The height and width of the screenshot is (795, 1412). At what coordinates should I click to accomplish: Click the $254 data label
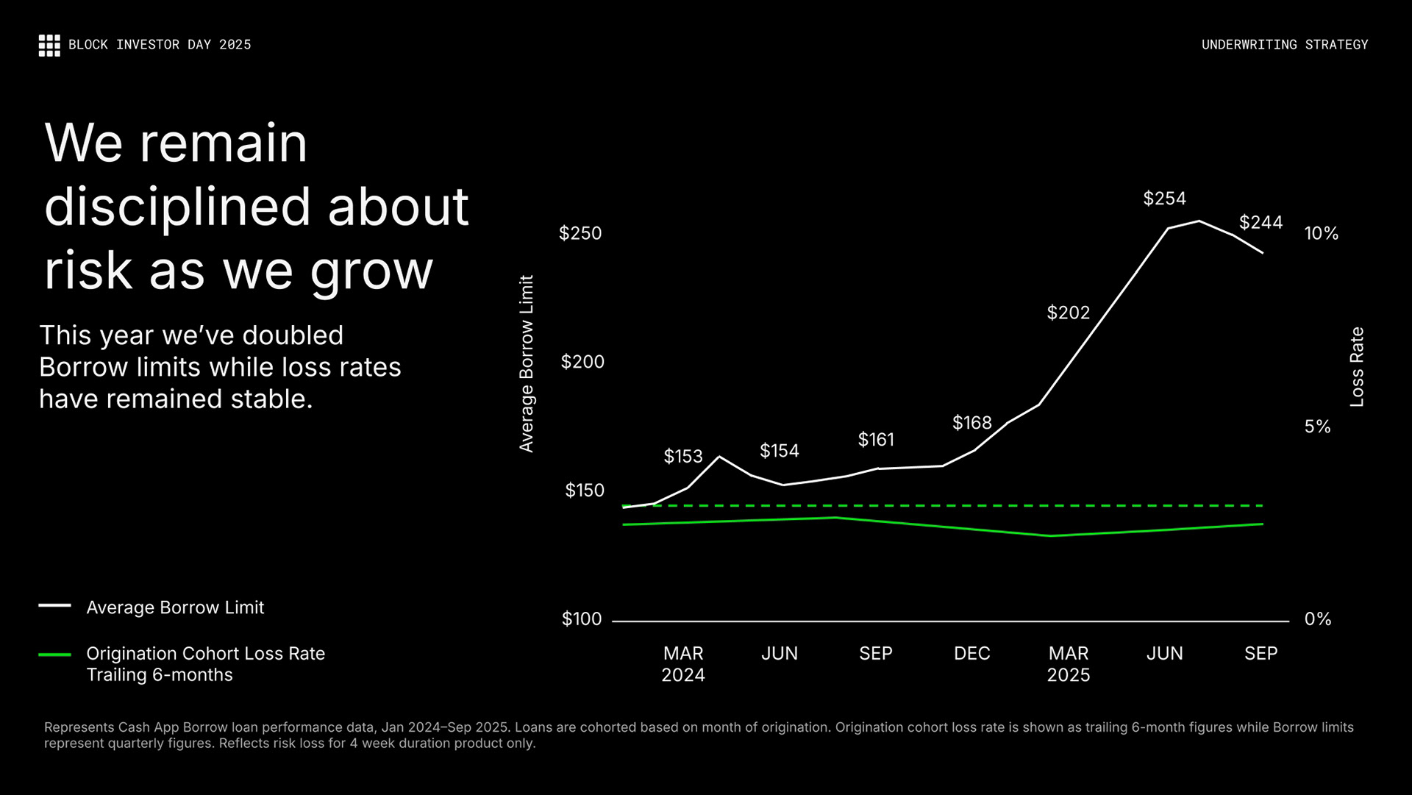(x=1164, y=199)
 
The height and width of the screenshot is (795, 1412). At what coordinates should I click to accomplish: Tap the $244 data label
(x=1261, y=222)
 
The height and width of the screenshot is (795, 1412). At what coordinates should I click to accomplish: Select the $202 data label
(x=1068, y=313)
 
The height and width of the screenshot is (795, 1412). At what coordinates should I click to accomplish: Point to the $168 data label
(x=971, y=423)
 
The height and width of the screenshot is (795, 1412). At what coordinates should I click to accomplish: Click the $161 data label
(x=876, y=440)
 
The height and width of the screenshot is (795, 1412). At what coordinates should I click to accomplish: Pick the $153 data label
(x=683, y=457)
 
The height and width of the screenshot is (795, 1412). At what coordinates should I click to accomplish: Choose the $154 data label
(x=779, y=451)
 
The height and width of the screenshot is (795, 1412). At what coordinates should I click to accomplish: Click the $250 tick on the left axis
(x=580, y=233)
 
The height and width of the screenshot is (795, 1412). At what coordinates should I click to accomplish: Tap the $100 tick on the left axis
(x=582, y=619)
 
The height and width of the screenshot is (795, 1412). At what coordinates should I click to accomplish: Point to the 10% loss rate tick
(x=1321, y=234)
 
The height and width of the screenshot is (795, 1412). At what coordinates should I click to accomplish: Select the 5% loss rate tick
(x=1317, y=427)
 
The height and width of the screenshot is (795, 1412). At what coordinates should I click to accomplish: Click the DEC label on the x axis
(x=971, y=654)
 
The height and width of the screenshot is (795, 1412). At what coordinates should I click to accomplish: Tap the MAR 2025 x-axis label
(x=1068, y=664)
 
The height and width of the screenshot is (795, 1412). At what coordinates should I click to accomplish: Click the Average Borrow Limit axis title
(x=527, y=363)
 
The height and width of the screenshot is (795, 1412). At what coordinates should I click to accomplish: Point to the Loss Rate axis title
(x=1357, y=367)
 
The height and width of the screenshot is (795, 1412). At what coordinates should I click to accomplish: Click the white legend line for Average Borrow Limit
(x=54, y=606)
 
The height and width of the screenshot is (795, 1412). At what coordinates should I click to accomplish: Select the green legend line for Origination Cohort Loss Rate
(x=54, y=654)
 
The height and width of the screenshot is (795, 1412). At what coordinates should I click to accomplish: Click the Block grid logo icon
(x=49, y=45)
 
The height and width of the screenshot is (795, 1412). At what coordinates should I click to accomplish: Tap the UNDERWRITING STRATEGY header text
(x=1284, y=45)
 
